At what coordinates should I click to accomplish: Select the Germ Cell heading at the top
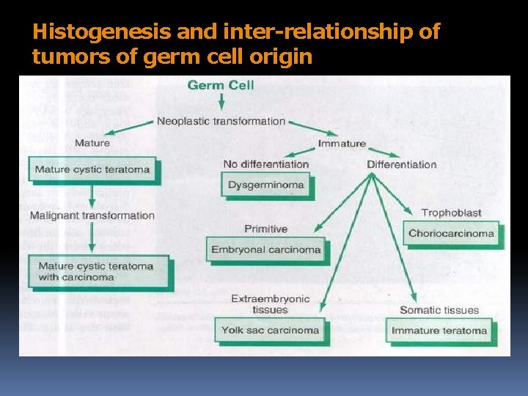(221, 85)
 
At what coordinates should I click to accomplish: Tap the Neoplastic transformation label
(221, 121)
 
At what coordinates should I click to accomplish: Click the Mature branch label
(92, 143)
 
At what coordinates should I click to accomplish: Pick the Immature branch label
(341, 144)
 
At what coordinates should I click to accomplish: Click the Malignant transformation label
(92, 216)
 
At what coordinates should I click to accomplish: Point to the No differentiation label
(265, 164)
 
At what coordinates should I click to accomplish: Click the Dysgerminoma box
(265, 185)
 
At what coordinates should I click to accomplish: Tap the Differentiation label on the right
(401, 164)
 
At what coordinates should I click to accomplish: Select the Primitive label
(265, 229)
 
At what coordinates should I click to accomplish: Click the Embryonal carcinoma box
(265, 249)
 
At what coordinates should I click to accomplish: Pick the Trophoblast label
(451, 213)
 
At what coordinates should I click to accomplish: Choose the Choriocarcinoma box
(451, 234)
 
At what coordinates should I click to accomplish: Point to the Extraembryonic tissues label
(270, 304)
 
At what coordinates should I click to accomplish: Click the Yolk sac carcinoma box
(270, 330)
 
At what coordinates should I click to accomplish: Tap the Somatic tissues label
(439, 310)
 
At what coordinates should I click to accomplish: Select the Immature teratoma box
(439, 331)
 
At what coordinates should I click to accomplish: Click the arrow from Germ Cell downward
(221, 103)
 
